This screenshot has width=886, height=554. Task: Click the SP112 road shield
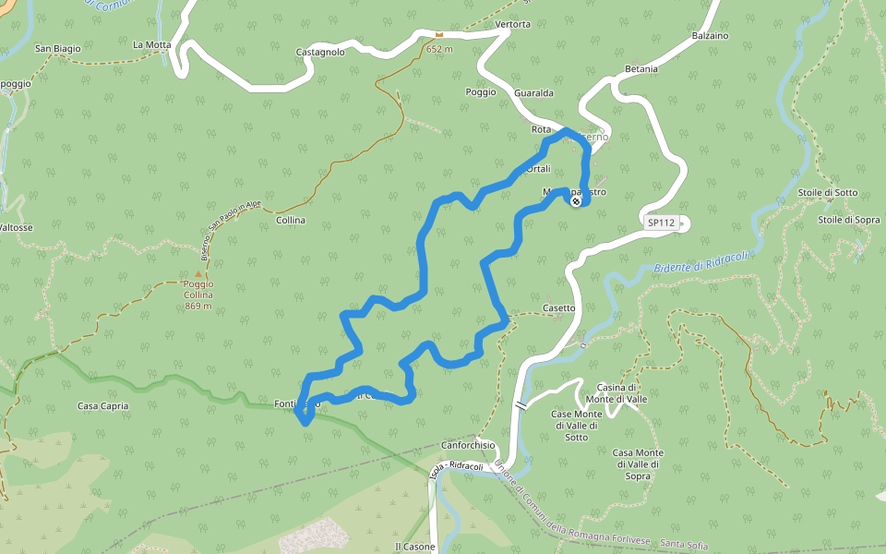(x=661, y=223)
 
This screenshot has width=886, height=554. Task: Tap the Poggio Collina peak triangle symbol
(x=198, y=273)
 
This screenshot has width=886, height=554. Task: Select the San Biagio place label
(x=58, y=48)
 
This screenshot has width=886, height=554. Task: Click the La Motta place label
(x=152, y=43)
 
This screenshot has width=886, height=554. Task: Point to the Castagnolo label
(x=320, y=53)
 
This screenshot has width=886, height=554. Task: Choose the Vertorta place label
(x=513, y=24)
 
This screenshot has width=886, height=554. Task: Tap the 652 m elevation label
(x=440, y=48)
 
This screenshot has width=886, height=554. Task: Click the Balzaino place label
(x=710, y=36)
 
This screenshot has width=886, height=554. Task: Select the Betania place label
(x=641, y=69)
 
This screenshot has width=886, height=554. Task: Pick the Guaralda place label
(x=533, y=93)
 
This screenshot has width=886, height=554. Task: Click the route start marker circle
(x=576, y=200)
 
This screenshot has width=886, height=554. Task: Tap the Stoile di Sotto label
(x=828, y=193)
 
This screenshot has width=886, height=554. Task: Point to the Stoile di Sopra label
(x=848, y=220)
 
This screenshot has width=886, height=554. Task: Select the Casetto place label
(x=558, y=308)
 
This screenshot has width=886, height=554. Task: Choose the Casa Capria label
(x=103, y=405)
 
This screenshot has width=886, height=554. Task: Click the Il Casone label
(x=414, y=547)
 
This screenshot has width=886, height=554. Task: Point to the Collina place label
(x=291, y=221)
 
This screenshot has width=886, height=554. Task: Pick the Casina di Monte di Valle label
(x=618, y=392)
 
